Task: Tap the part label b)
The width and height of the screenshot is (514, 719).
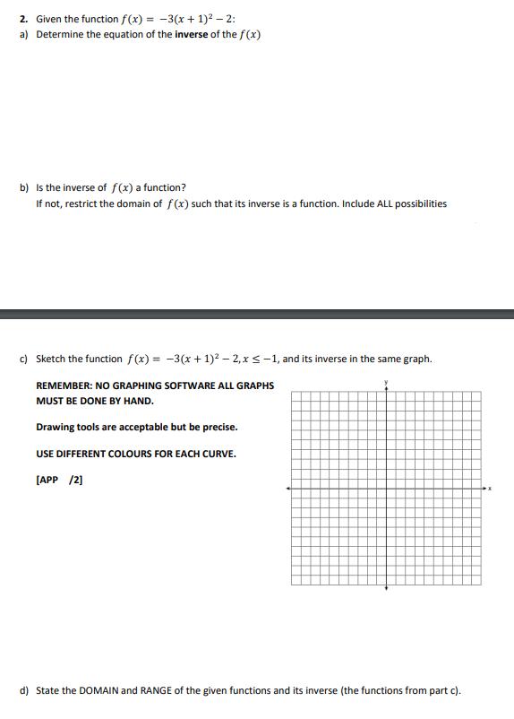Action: (x=24, y=188)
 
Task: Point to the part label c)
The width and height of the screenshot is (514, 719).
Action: (x=24, y=359)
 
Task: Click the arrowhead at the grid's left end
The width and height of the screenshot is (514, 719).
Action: (x=287, y=489)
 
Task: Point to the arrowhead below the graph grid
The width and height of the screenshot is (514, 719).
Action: (x=386, y=588)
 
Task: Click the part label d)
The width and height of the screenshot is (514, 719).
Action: (x=24, y=690)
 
